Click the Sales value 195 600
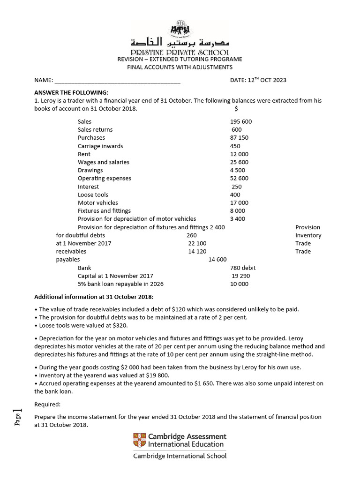click(241, 121)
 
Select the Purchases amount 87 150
click(239, 138)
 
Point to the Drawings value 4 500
click(238, 170)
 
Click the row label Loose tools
click(93, 195)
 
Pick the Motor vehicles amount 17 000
click(239, 203)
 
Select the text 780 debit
click(243, 268)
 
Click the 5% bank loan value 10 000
click(239, 284)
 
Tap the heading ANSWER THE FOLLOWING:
click(71, 92)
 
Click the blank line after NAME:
click(118, 80)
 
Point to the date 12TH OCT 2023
click(258, 80)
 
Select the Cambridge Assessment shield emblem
click(140, 440)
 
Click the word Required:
click(47, 404)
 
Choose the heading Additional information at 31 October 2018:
click(94, 297)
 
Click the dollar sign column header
click(236, 109)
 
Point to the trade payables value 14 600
click(217, 260)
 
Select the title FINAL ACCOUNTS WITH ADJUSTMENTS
click(180, 67)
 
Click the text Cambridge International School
click(180, 456)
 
